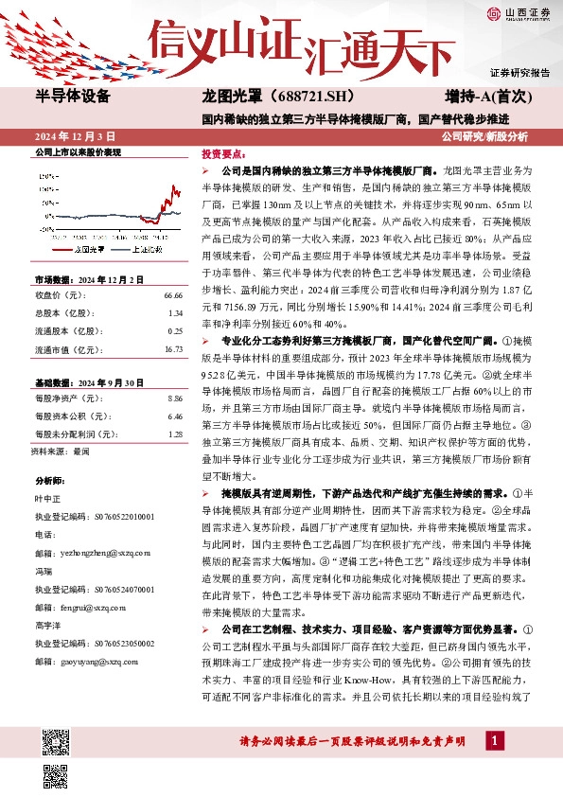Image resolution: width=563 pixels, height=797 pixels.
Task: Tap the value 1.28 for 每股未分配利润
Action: coord(174,434)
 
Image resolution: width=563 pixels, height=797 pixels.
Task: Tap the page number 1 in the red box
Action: coord(493,741)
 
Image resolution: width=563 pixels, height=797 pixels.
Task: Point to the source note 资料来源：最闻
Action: coord(60,452)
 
